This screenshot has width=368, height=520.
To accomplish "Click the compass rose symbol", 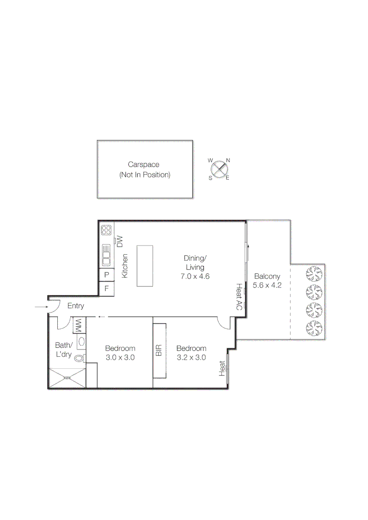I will point(219,169).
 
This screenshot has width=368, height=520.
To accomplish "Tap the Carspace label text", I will point(144,165).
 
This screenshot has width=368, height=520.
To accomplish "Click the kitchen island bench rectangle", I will point(145,265).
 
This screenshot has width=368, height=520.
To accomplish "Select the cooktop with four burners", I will point(106,231).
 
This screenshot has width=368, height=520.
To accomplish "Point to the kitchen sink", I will point(106,255).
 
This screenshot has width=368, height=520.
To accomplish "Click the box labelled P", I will point(106,275).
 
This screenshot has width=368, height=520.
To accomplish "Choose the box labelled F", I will point(106,289).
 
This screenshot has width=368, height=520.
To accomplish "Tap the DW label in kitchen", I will point(120,241).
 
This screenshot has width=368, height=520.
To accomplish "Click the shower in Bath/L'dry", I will point(67,378).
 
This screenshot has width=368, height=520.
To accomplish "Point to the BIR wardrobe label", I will point(159,350).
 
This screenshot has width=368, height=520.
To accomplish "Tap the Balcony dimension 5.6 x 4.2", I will point(267,285).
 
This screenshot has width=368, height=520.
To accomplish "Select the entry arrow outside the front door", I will point(38,306).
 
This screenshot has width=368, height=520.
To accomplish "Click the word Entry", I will point(76,306).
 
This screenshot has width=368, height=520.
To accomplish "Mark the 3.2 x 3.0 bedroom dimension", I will point(191,357).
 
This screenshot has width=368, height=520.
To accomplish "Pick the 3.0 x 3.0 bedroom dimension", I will point(120,357).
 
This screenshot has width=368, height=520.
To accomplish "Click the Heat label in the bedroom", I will point(222,368).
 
